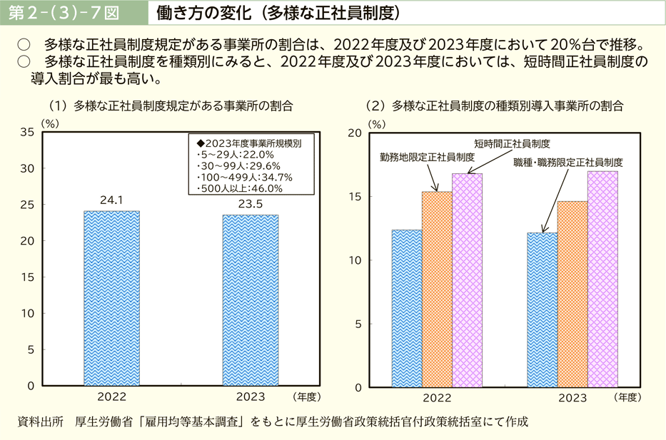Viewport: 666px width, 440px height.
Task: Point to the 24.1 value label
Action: pyautogui.click(x=111, y=200)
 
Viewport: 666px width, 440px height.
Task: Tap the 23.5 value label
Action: pyautogui.click(x=251, y=204)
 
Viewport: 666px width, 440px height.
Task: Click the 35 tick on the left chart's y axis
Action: pyautogui.click(x=28, y=132)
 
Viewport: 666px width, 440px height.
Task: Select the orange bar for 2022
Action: pyautogui.click(x=437, y=289)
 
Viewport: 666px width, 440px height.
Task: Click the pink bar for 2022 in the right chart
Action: pyautogui.click(x=467, y=280)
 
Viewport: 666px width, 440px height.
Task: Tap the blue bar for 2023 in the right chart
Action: pyautogui.click(x=542, y=309)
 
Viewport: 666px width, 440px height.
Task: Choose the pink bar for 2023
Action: pyautogui.click(x=602, y=279)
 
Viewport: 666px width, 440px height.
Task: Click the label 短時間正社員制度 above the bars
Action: pyautogui.click(x=512, y=143)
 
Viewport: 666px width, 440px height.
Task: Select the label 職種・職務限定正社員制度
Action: pyautogui.click(x=568, y=163)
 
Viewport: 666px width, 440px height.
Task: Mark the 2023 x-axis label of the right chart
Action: pyautogui.click(x=572, y=397)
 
